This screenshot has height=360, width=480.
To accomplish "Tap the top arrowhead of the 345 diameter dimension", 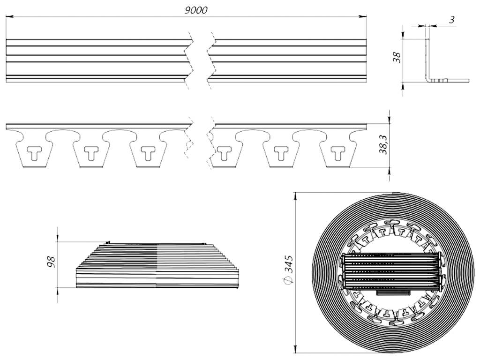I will pos(295,194).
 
